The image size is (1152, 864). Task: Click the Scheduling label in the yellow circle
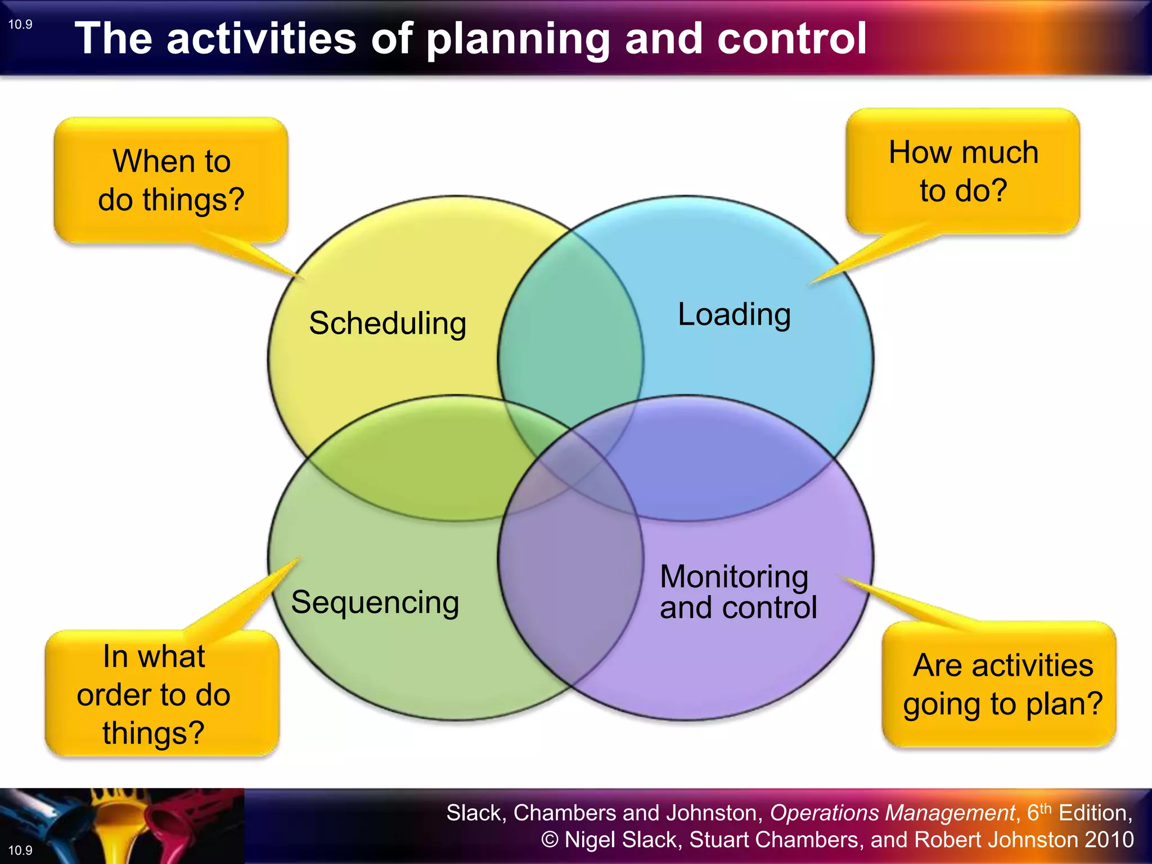click(x=388, y=323)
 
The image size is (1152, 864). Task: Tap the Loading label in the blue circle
click(x=734, y=314)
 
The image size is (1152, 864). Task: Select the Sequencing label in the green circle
click(x=375, y=602)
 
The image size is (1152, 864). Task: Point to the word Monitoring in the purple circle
click(x=734, y=577)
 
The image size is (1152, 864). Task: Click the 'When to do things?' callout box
click(x=171, y=180)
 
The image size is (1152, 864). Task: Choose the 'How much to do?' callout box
click(x=963, y=171)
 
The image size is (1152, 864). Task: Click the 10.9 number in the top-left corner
click(x=20, y=24)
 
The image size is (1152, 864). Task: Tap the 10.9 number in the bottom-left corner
click(x=20, y=850)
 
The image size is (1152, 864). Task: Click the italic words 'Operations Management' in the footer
click(x=892, y=813)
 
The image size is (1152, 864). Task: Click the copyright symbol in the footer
click(x=550, y=840)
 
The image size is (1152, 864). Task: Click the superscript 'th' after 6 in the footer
click(x=1045, y=808)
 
